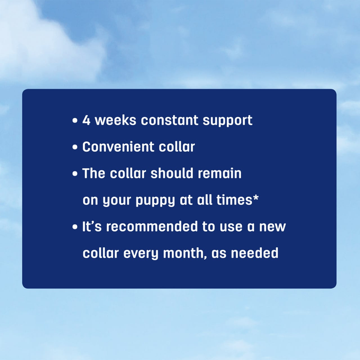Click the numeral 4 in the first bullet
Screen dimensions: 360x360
tap(86, 120)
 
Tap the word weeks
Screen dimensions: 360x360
tap(115, 120)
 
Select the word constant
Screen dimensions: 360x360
tap(170, 120)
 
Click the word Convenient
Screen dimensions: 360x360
tap(118, 147)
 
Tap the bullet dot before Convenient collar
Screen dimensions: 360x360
tap(75, 147)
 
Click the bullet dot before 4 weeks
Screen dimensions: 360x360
tap(75, 121)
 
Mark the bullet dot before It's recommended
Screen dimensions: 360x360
tap(75, 227)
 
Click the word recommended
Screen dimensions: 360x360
tap(152, 227)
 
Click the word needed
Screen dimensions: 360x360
tap(255, 253)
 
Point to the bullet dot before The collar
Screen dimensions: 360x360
tap(75, 174)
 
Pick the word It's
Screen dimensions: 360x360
tap(92, 227)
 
